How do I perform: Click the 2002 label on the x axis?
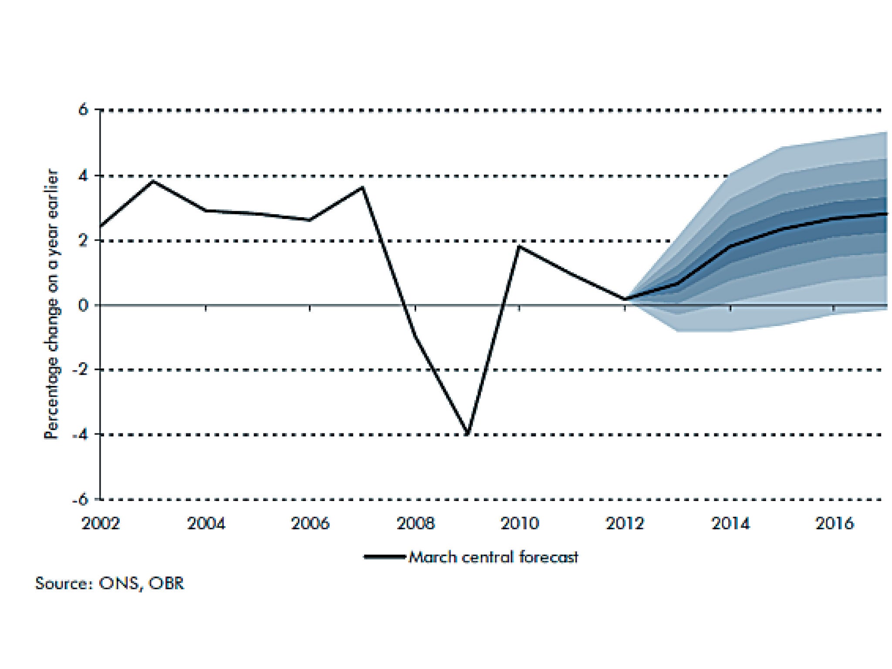(x=101, y=523)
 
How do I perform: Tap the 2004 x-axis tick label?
(x=206, y=523)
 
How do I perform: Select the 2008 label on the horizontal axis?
(x=416, y=523)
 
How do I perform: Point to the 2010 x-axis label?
(x=520, y=523)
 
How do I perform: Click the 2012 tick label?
(x=625, y=523)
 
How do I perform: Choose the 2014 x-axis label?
(x=730, y=523)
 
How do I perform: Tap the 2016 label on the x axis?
(x=835, y=523)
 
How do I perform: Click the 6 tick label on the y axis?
(x=83, y=110)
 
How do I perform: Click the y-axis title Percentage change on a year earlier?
(x=51, y=304)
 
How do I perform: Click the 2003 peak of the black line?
(x=153, y=181)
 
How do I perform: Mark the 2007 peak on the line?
(x=363, y=187)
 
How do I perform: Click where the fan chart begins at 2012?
(x=625, y=299)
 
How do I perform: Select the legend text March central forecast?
(x=493, y=557)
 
